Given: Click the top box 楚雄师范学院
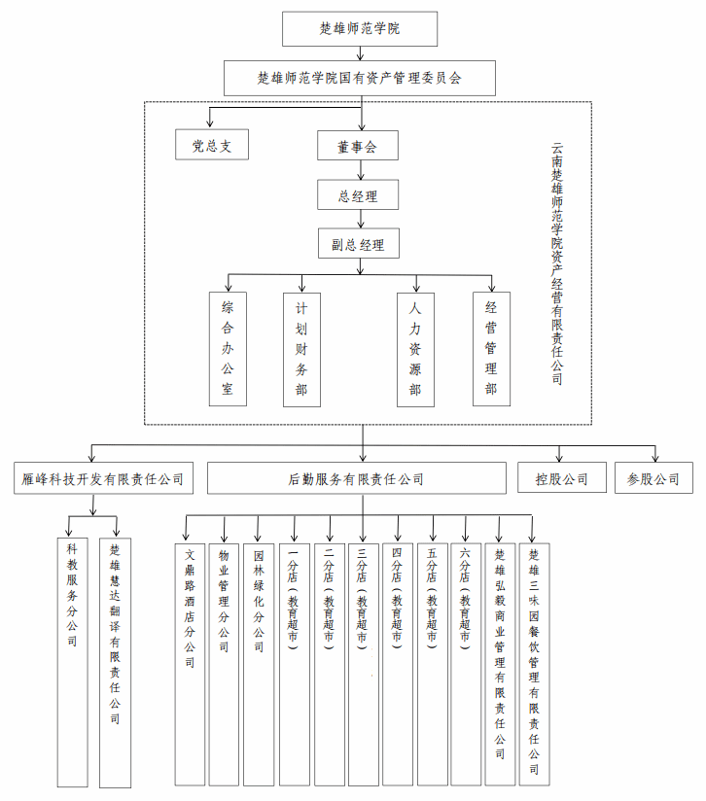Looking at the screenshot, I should tap(360, 29).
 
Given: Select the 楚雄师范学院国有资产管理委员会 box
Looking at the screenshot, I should tap(360, 78).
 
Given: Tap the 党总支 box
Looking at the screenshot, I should tap(212, 146).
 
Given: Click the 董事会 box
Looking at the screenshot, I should tap(356, 147).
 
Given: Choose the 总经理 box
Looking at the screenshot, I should tap(358, 195).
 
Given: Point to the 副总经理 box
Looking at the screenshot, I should tap(358, 243).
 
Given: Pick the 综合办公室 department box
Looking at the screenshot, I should tap(228, 349).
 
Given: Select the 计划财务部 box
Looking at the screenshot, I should tap(301, 349).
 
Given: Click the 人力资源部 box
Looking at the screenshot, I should tap(415, 349).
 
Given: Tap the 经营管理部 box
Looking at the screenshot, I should tap(491, 349).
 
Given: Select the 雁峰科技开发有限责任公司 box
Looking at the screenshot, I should tap(103, 478).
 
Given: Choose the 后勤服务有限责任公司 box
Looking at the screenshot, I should tap(357, 478).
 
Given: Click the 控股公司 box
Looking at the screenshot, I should tap(561, 478).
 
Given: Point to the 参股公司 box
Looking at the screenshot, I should tap(653, 478).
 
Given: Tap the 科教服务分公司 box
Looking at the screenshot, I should tap(72, 661).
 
